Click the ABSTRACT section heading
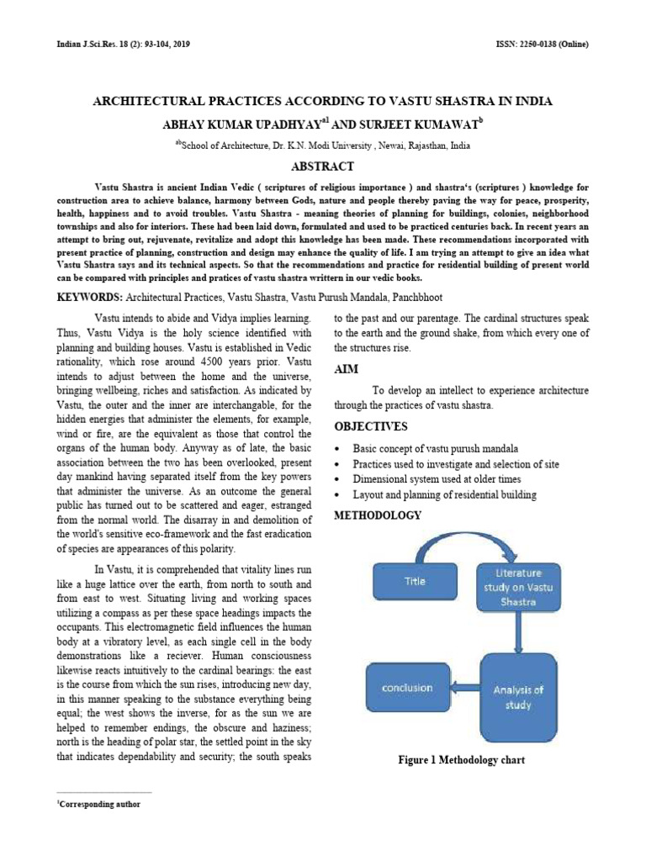pyautogui.click(x=323, y=166)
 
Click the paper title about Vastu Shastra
pyautogui.click(x=322, y=102)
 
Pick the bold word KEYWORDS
pyautogui.click(x=89, y=298)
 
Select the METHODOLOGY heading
pyautogui.click(x=378, y=515)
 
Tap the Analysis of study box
pyautogui.click(x=518, y=697)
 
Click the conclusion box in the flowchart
pyautogui.click(x=407, y=688)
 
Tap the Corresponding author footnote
pyautogui.click(x=98, y=805)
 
